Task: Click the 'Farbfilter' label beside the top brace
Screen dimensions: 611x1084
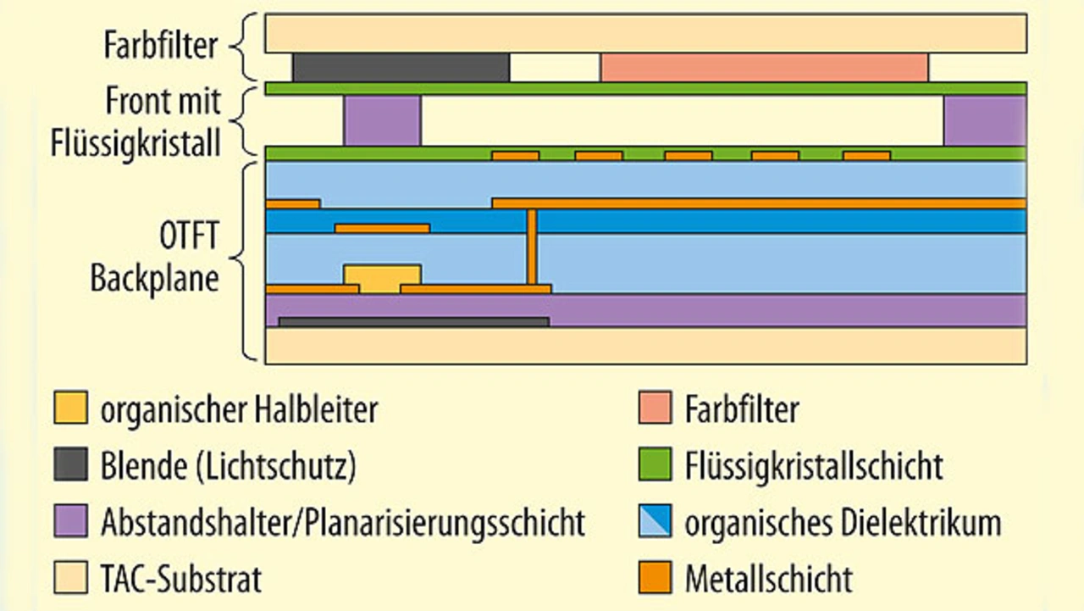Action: pos(161,45)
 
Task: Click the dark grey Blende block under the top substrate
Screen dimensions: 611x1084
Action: pos(401,68)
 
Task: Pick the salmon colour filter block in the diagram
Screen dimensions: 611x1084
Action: pos(764,68)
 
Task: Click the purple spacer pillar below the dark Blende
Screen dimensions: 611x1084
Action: pos(381,120)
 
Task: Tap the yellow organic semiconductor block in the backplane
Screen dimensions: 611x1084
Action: pos(382,277)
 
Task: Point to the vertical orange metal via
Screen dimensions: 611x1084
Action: pos(532,247)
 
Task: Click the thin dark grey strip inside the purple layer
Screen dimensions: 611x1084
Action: pos(413,322)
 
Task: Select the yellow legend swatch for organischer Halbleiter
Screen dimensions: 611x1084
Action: pos(70,409)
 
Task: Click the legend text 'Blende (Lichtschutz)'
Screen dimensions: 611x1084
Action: pos(228,465)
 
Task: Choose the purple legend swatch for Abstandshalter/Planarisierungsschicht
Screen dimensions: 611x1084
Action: pos(70,521)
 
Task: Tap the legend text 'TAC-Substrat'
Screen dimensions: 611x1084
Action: pos(181,579)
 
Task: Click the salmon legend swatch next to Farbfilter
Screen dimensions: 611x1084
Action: pos(654,409)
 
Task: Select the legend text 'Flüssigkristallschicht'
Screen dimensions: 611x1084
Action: pos(813,465)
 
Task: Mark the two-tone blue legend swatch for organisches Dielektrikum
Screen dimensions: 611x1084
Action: pos(654,521)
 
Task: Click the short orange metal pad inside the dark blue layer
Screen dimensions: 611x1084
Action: pos(382,228)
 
